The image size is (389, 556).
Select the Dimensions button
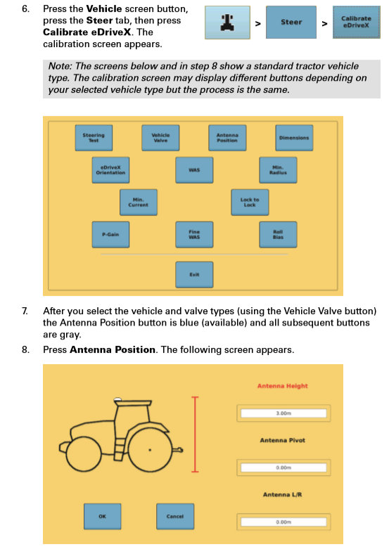coord(293,137)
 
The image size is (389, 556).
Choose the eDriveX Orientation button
coord(110,169)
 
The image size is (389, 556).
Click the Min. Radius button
coord(276,169)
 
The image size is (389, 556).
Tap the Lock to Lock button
coord(249,202)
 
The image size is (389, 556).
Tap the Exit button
coord(194,274)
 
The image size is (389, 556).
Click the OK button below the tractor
coord(102,516)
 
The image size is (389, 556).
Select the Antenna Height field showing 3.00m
coord(283,413)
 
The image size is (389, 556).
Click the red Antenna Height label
coord(282,385)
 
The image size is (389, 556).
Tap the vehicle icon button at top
coord(227,22)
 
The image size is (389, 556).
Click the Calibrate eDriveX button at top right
coord(356,22)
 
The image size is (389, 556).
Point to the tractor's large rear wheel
coord(149,448)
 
